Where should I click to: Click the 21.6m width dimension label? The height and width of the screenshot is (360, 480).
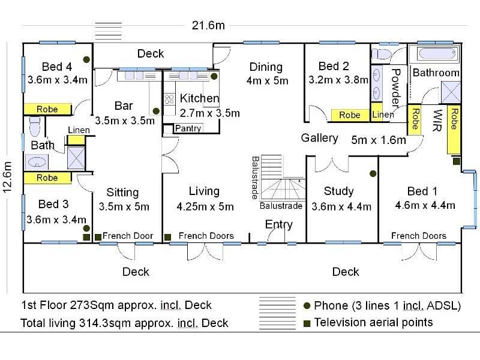pos(208,25)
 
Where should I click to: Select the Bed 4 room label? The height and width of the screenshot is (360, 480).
pos(57,66)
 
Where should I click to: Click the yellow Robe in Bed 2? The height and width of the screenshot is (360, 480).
pos(349,115)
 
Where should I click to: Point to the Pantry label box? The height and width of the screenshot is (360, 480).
pos(188,128)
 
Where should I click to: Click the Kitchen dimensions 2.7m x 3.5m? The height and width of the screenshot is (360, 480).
pos(210,113)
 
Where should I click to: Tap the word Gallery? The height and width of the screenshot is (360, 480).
pos(319,138)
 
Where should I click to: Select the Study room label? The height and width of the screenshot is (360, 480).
pos(338,191)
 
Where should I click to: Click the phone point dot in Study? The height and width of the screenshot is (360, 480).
pos(373,173)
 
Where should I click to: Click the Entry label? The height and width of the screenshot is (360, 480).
pos(279,224)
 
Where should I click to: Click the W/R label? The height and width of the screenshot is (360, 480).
pos(437,120)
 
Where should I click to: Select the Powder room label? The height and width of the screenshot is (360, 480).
pos(395,88)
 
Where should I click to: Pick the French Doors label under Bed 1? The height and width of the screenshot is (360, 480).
pos(418,236)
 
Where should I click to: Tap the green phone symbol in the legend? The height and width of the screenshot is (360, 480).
pos(307,305)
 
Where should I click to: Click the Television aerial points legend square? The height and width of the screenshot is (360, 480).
pos(307,323)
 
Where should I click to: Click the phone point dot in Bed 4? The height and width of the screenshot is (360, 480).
pos(86,59)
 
